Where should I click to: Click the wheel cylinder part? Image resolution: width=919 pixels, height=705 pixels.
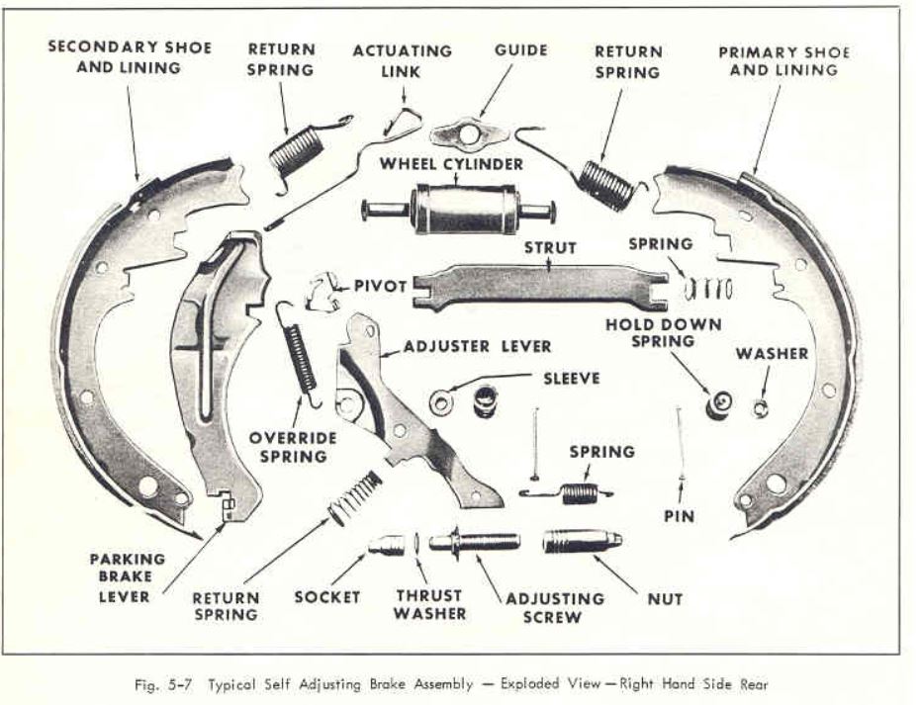click(458, 209)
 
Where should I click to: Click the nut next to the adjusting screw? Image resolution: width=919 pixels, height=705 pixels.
click(581, 542)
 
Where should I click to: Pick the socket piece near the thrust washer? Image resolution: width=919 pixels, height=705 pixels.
click(387, 545)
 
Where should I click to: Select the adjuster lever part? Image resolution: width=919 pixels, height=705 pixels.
click(406, 415)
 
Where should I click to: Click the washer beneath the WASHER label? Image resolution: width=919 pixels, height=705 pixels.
click(761, 406)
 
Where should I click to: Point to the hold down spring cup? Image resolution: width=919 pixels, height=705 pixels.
click(719, 402)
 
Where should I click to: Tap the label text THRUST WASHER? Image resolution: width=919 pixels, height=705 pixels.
click(429, 604)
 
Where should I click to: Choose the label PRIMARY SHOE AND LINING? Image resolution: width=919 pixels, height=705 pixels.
click(784, 61)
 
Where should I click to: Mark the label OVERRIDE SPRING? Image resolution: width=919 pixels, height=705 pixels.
click(293, 447)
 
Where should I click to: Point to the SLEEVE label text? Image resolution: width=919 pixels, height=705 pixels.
click(572, 378)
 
